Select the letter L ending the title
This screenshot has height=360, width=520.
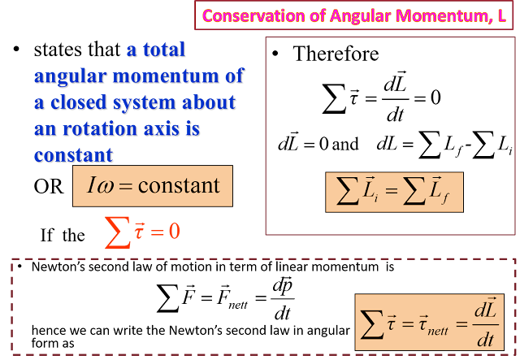pos(502,15)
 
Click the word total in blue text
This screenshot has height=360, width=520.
pos(165,50)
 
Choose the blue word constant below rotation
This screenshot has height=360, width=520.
pos(74,155)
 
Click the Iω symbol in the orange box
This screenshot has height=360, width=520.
pos(100,185)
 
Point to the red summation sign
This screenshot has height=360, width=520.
pos(117,232)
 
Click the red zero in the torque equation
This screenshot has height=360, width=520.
pos(174,232)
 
